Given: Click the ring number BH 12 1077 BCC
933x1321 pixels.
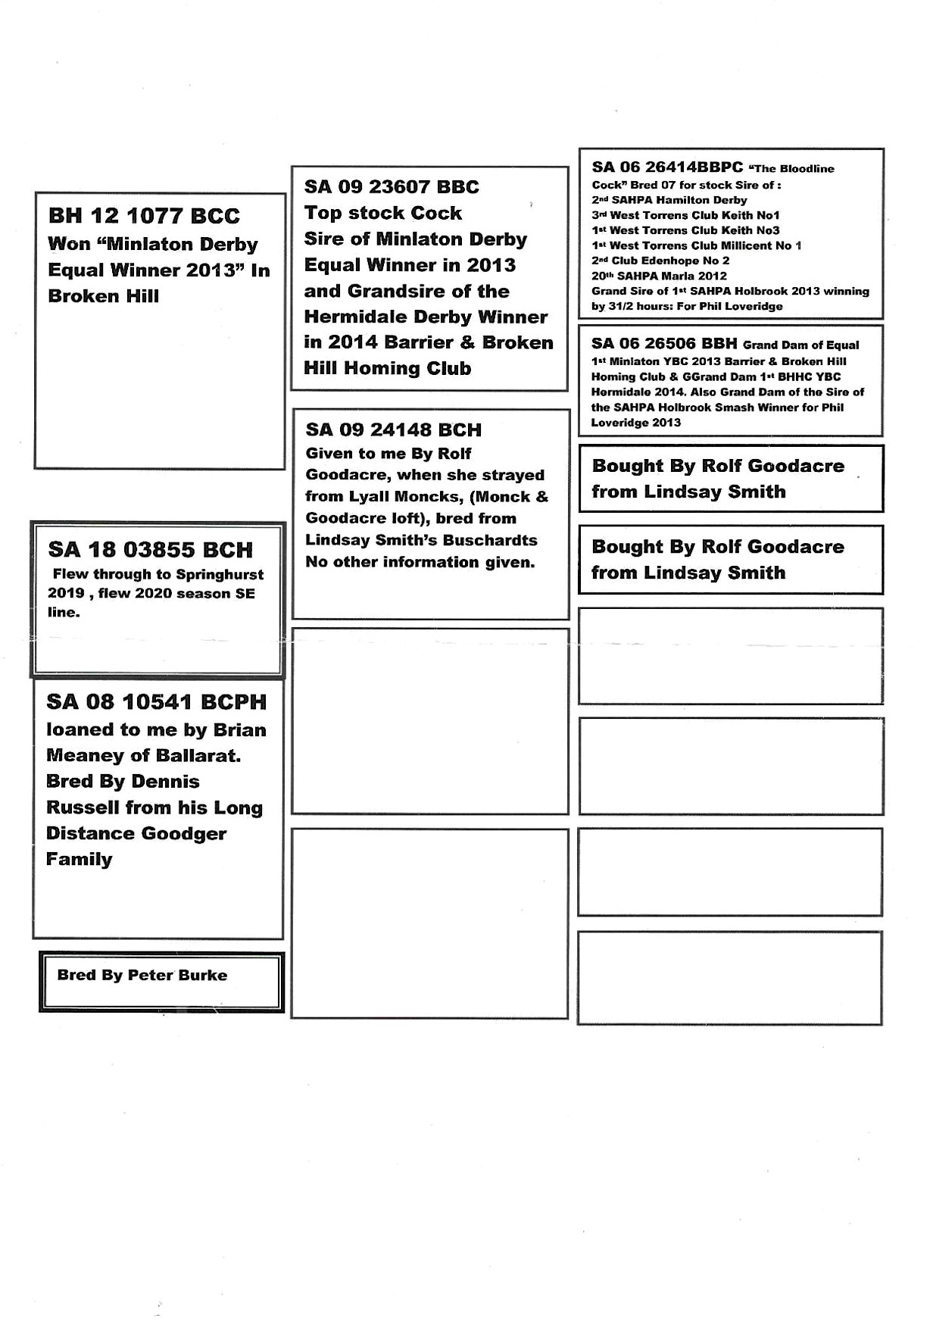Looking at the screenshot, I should coord(144,217).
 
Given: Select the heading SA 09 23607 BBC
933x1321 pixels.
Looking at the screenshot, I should coord(392,187).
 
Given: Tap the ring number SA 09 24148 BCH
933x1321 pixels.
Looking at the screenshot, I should coord(393,430).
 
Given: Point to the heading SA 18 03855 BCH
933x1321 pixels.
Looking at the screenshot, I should coord(150,550).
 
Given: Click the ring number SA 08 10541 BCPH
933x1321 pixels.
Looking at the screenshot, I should coord(156,702).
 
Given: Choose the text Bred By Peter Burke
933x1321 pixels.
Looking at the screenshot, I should coord(142,976).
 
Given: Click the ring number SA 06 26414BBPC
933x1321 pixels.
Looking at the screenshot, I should coord(667,167).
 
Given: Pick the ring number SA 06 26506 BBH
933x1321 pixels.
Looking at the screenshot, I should coord(664,344).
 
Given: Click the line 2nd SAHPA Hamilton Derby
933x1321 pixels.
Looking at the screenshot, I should coord(669,201).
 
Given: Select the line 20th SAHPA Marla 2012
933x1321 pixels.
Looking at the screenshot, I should coord(659,276).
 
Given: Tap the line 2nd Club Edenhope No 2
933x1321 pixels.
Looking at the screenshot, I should coord(660,261).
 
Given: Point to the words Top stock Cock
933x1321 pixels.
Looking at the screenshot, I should coord(382,214).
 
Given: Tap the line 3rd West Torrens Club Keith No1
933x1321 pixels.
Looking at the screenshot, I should coord(685,216).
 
